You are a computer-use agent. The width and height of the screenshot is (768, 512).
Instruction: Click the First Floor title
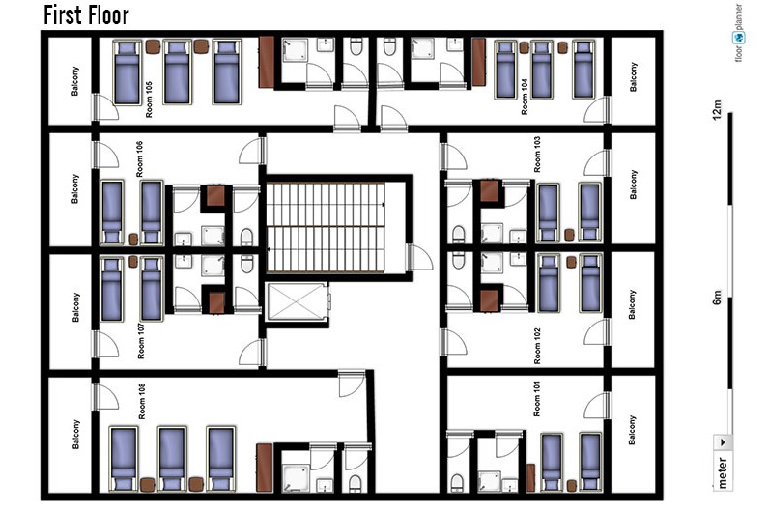point(86,14)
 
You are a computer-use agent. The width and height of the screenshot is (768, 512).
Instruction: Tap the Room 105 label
point(149,100)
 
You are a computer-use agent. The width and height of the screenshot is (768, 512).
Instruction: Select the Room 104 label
point(525,98)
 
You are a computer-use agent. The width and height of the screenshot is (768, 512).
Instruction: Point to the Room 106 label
point(139,159)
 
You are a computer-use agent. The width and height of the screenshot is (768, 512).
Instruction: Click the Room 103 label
point(537,155)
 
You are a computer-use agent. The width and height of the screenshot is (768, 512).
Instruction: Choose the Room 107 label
point(141,340)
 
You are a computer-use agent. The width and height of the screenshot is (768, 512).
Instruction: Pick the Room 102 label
point(537,346)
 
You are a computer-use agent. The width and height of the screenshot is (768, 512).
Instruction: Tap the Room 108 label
point(142,401)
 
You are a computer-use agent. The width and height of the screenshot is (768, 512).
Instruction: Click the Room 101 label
point(537,399)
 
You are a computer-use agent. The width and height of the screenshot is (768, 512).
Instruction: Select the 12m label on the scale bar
point(717,110)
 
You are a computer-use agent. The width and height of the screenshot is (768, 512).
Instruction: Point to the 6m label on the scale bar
point(717,298)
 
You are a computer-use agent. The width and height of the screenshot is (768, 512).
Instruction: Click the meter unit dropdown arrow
point(723,441)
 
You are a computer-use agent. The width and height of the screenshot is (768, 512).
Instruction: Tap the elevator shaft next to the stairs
point(298,301)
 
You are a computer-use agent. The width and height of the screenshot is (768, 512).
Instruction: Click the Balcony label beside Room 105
point(75,81)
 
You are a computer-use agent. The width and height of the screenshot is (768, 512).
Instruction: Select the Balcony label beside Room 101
point(632,430)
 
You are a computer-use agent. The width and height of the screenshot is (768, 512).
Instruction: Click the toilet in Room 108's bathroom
point(356,484)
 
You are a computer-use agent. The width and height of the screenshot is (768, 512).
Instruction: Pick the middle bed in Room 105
point(177,72)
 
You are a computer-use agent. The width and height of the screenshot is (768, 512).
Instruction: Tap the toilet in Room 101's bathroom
point(457,482)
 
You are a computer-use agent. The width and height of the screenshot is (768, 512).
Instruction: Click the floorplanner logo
point(739,33)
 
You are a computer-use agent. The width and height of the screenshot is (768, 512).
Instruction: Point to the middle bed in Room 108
point(171,459)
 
